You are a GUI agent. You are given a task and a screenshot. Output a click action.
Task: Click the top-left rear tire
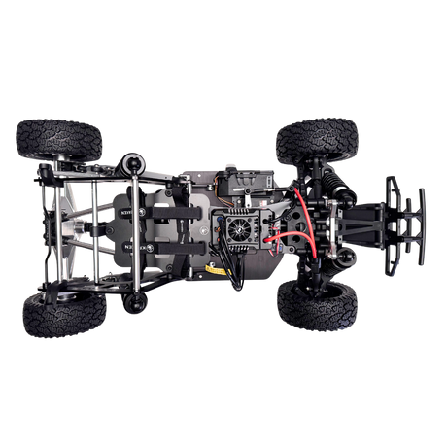pyautogui.click(x=59, y=138)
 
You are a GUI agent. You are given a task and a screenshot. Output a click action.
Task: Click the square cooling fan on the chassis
pyautogui.click(x=241, y=227)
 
